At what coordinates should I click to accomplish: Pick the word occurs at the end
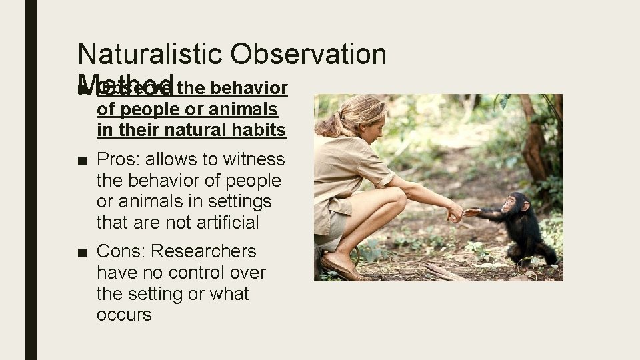point(124,315)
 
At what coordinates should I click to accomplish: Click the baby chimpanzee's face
point(513,204)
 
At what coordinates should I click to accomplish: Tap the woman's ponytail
point(327,126)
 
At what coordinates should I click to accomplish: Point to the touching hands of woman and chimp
point(464,213)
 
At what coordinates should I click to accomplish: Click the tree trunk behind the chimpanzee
point(533,140)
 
